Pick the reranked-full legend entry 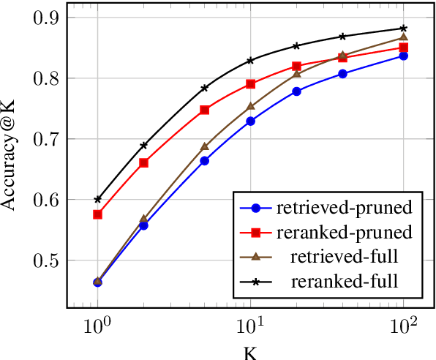click(345, 282)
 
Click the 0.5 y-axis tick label click(48, 260)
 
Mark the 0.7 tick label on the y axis click(48, 139)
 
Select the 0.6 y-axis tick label click(48, 200)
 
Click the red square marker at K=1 click(97, 214)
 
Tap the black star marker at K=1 click(97, 199)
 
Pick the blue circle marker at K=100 click(403, 56)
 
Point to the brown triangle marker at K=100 click(403, 37)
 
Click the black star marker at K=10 click(250, 60)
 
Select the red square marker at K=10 click(250, 84)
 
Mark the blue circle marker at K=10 click(250, 121)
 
